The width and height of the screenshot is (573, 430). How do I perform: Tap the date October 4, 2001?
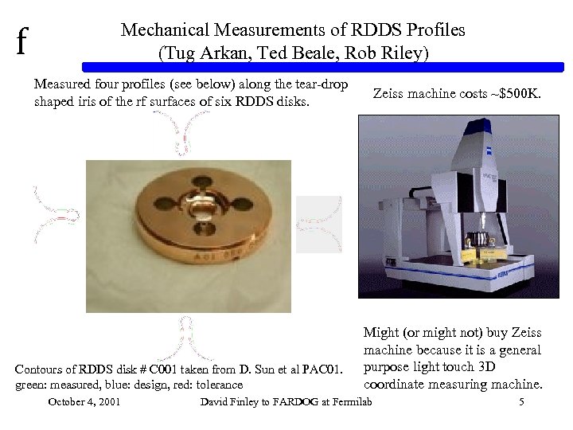84,402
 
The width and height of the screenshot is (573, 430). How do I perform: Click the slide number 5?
521,402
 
